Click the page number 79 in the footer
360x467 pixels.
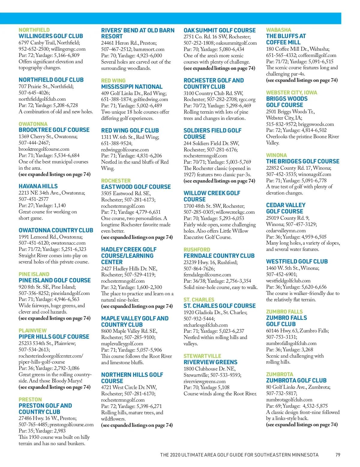(x=338, y=455)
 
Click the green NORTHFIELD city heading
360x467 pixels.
(x=34, y=30)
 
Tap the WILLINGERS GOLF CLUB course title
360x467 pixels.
(x=51, y=36)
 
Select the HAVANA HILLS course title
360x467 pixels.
(x=38, y=186)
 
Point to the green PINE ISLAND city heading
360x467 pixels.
(x=34, y=274)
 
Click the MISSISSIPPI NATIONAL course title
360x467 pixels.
(x=132, y=87)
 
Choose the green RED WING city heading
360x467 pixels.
(x=113, y=81)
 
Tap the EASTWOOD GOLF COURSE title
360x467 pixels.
(x=136, y=187)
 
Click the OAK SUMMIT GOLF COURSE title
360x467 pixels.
(x=220, y=30)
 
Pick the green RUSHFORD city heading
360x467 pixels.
(x=197, y=250)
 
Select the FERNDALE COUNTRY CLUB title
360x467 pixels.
(x=219, y=256)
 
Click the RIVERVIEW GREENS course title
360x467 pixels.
(x=210, y=362)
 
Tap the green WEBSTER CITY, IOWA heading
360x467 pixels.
(x=291, y=93)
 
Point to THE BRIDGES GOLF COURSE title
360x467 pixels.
(x=303, y=161)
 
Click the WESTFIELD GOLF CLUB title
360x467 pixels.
(x=297, y=261)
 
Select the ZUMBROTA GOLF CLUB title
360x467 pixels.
(x=296, y=380)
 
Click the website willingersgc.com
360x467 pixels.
(x=68, y=49)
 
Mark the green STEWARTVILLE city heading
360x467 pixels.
(x=202, y=356)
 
